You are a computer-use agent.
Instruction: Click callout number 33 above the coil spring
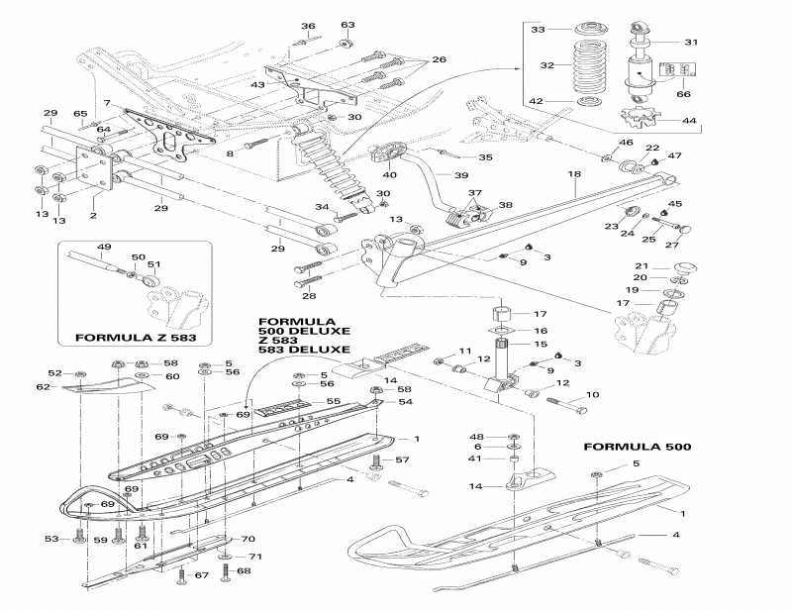pyautogui.click(x=538, y=31)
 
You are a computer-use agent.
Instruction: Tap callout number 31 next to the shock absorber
pyautogui.click(x=692, y=42)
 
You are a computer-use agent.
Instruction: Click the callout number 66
pyautogui.click(x=682, y=94)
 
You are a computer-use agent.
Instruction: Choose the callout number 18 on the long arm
pyautogui.click(x=573, y=174)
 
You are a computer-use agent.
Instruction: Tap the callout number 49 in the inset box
pyautogui.click(x=104, y=247)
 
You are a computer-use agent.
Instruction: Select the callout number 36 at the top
pyautogui.click(x=308, y=26)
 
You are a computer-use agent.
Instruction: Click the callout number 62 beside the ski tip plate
pyautogui.click(x=69, y=388)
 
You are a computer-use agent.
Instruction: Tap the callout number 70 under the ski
pyautogui.click(x=248, y=540)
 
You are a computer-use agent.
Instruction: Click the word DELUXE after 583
pyautogui.click(x=321, y=350)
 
